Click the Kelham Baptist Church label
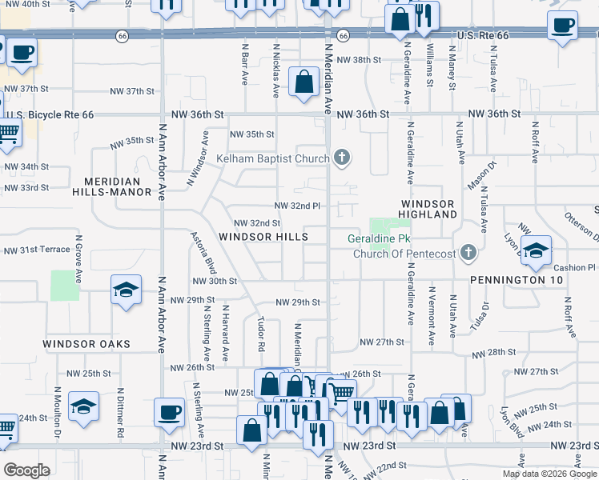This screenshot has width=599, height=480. [x=273, y=158]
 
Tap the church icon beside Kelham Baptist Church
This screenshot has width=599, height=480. [x=342, y=158]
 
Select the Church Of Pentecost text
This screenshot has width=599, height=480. [x=404, y=254]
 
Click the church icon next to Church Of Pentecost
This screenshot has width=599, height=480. [x=469, y=254]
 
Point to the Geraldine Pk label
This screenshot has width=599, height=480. [x=379, y=239]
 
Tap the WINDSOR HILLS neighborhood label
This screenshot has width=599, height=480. [x=263, y=238]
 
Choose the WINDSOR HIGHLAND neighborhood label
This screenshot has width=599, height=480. [x=428, y=210]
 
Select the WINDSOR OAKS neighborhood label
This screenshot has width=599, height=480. [x=86, y=344]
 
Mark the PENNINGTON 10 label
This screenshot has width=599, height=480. [x=517, y=280]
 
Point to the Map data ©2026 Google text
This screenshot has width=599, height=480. [x=549, y=474]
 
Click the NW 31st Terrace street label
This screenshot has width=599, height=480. [x=37, y=250]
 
